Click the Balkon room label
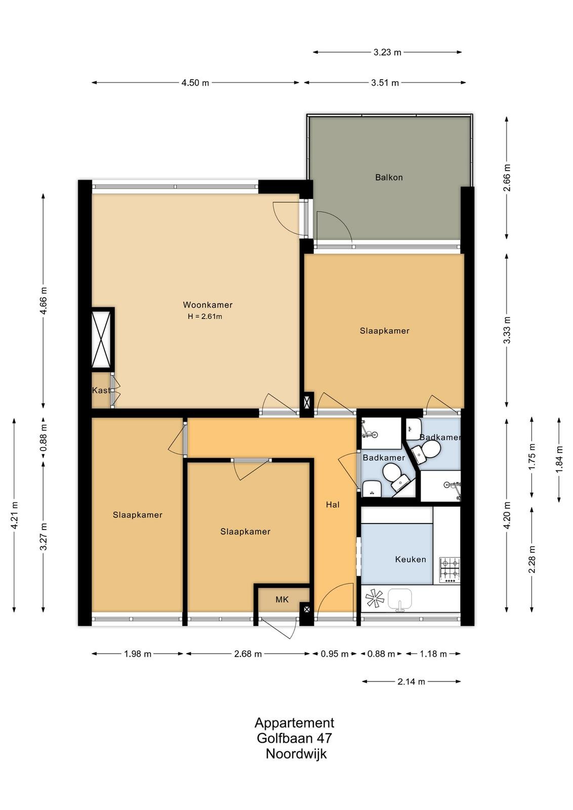coord(389,177)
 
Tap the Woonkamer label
coord(208,305)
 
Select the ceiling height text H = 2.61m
coord(204,316)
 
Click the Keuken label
coord(411,559)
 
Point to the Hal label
coord(333,504)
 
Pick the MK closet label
coord(282,599)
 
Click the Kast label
coord(101,390)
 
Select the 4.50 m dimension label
coord(195,83)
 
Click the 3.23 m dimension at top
coord(387,53)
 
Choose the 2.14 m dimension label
coord(412,681)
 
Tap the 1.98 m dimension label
coord(138,654)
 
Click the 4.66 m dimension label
coord(44,301)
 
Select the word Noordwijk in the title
coord(296,754)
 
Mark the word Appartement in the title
coord(294,723)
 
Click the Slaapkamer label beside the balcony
coord(384,331)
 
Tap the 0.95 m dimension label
coord(335,654)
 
